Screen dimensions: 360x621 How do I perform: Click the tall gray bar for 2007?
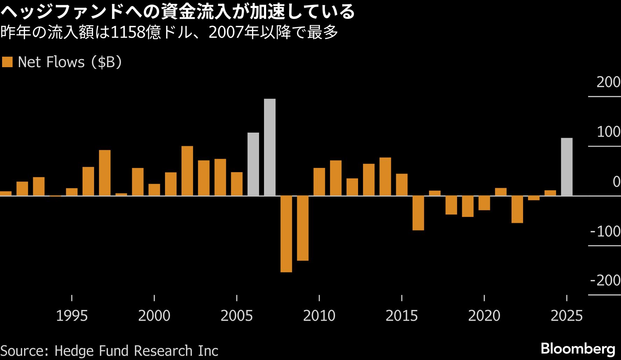pyautogui.click(x=270, y=147)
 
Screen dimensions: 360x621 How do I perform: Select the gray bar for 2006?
pyautogui.click(x=253, y=164)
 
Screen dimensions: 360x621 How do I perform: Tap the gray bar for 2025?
pyautogui.click(x=566, y=167)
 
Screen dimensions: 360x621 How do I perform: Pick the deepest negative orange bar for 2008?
pyautogui.click(x=286, y=234)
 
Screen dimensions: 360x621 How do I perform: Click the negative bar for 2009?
pyautogui.click(x=302, y=228)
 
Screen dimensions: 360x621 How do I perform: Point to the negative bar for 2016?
pyautogui.click(x=418, y=213)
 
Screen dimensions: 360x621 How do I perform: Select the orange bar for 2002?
pyautogui.click(x=187, y=171)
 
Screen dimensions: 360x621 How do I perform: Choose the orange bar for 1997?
pyautogui.click(x=105, y=172)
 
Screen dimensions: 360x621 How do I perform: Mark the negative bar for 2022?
pyautogui.click(x=517, y=209)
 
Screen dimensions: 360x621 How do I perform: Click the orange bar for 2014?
pyautogui.click(x=385, y=176)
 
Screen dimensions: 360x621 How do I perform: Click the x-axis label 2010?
pyautogui.click(x=319, y=316)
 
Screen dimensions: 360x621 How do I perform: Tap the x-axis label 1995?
pyautogui.click(x=72, y=316)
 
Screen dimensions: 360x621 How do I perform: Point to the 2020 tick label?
pyautogui.click(x=484, y=316)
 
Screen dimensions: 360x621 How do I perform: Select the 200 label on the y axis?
pyautogui.click(x=608, y=82)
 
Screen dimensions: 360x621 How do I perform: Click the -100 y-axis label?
pyautogui.click(x=605, y=231)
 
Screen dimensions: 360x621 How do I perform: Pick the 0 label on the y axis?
pyautogui.click(x=616, y=182)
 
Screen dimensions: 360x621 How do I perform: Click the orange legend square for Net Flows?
pyautogui.click(x=7, y=62)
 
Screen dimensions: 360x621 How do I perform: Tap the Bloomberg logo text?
pyautogui.click(x=578, y=348)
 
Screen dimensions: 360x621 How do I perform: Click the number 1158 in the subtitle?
pyautogui.click(x=128, y=33)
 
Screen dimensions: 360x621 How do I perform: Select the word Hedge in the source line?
pyautogui.click(x=74, y=351)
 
